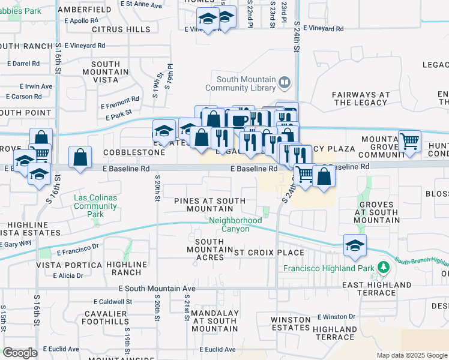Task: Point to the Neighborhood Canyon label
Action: [x=235, y=224]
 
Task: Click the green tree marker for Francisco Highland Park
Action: [x=382, y=268]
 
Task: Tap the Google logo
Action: [x=20, y=353]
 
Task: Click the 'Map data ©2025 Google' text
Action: [x=412, y=355]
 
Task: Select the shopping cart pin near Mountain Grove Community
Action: [x=409, y=142]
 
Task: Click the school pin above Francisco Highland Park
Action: [x=355, y=245]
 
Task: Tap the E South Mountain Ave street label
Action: [x=149, y=289]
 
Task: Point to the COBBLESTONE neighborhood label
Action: [x=133, y=152]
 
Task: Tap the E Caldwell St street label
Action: [x=113, y=301]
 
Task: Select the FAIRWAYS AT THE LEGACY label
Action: [x=361, y=98]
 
